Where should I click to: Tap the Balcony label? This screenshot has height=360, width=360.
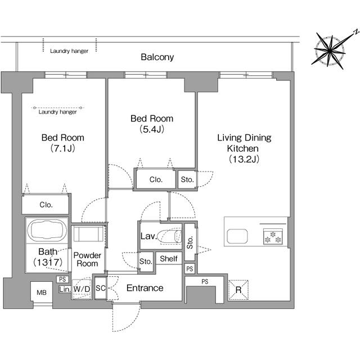tap(157, 57)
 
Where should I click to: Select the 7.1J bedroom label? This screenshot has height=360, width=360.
tap(62, 143)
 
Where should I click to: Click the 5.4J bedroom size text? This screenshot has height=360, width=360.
tap(152, 129)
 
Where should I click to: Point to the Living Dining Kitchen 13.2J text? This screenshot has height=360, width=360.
tap(244, 148)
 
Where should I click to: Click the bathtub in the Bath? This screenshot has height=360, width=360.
tap(47, 230)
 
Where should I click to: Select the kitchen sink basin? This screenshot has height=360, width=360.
tap(237, 236)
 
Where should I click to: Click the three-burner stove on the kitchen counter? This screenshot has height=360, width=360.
tap(273, 236)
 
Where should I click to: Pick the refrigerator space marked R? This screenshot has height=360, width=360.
tap(238, 290)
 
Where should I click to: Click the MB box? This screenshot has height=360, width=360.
tap(42, 292)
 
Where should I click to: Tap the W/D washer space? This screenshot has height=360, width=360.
tap(82, 289)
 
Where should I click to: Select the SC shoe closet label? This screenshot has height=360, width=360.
tap(100, 288)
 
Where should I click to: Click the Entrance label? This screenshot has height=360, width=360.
tap(145, 288)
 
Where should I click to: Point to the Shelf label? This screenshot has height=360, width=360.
tap(169, 259)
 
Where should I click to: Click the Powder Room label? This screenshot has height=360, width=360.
tap(87, 259)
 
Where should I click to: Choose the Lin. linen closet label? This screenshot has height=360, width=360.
tap(65, 289)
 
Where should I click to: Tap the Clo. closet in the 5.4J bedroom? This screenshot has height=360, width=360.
tap(156, 179)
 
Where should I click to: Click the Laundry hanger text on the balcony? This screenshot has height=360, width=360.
tap(69, 51)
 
